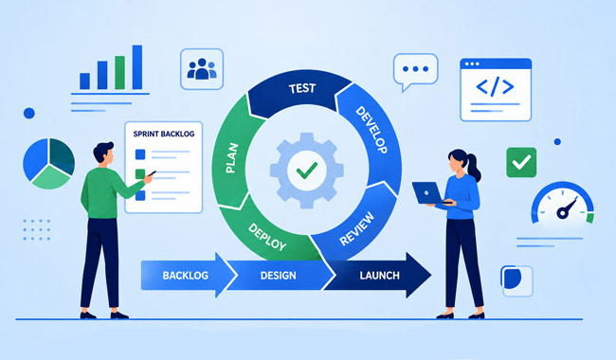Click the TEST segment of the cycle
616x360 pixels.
coord(300,91)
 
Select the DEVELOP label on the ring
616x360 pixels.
coord(371,130)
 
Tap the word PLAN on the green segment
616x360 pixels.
coord(232,158)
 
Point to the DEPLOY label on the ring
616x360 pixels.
coord(267,237)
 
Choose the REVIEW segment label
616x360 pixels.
coord(356,229)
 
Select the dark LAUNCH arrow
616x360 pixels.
coord(378,275)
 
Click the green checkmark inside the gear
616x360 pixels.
coord(307,171)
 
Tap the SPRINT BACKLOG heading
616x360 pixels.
coord(164,134)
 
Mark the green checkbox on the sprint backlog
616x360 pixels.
coord(140,173)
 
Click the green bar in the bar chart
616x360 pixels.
coord(119,73)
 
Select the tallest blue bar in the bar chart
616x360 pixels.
coord(137,67)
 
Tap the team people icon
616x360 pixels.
coord(202,69)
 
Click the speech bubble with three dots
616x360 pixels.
coord(415,72)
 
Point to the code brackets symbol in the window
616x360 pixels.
coord(495,87)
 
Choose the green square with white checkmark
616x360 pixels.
coord(521,162)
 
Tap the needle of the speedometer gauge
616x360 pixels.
coord(567,208)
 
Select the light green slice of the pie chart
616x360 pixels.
coord(50,177)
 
